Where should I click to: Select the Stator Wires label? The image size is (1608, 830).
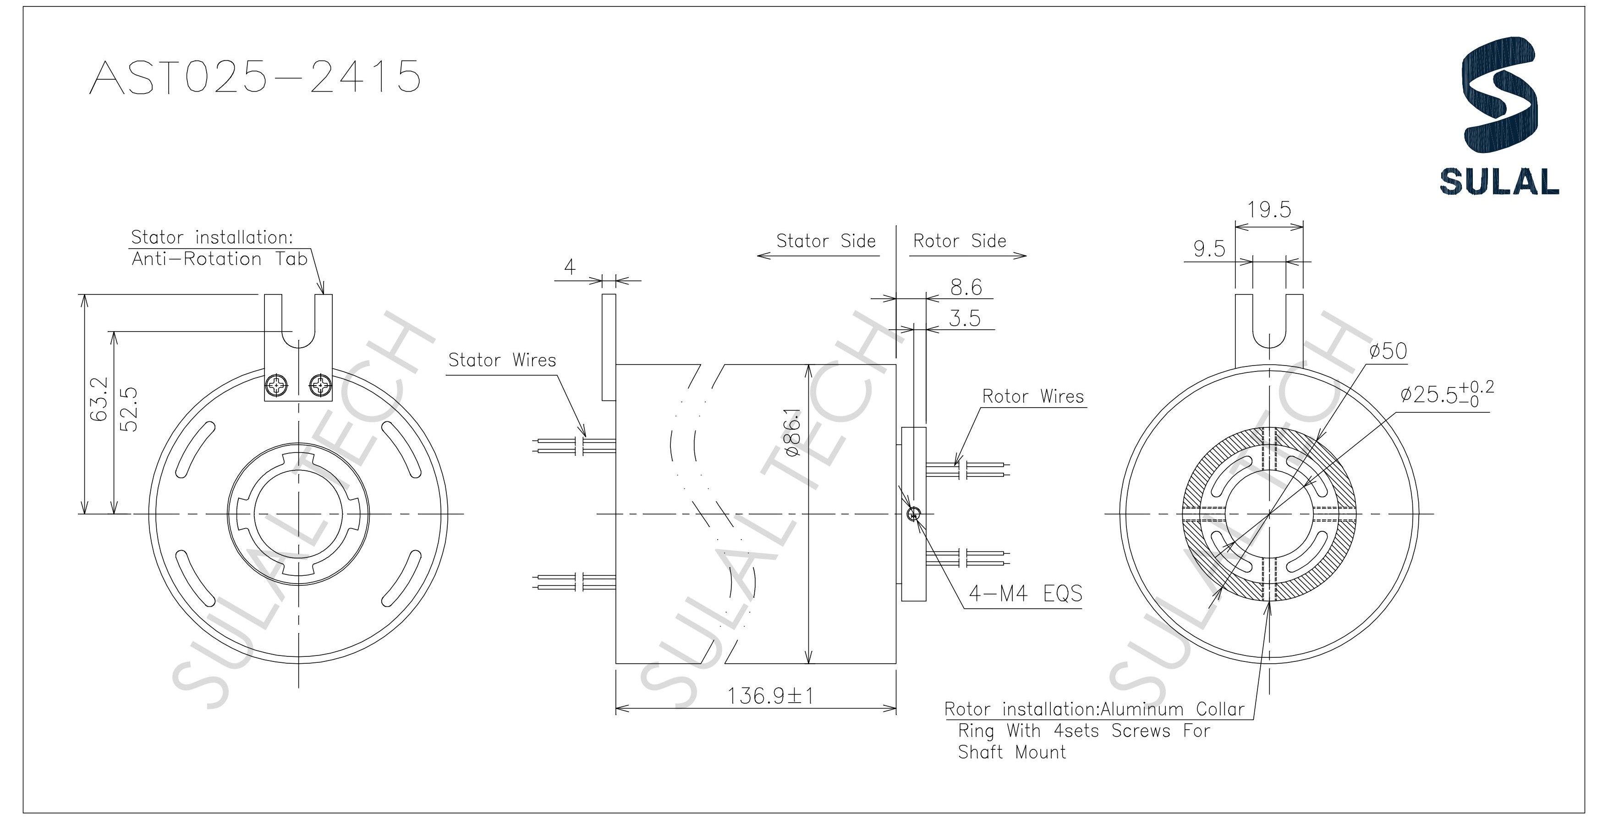[502, 360]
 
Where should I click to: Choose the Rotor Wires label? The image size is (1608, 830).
[1032, 396]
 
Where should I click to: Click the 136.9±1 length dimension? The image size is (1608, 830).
[770, 696]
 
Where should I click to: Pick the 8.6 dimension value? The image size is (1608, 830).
[966, 287]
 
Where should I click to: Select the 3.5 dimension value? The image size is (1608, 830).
[965, 319]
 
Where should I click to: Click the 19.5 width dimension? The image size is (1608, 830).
[1268, 210]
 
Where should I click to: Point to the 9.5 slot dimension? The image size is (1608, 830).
[1209, 249]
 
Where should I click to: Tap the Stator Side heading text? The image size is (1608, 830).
[825, 241]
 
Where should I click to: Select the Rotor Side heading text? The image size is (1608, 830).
[960, 241]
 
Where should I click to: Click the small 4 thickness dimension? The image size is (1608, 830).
[569, 267]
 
